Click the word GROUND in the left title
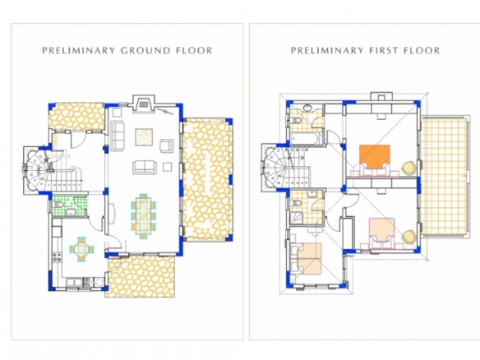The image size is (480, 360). click(145, 50)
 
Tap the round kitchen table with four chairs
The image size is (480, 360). click(81, 249)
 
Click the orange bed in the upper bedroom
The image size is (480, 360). click(375, 156)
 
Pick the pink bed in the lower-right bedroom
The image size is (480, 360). click(381, 230)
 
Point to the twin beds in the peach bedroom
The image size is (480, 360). click(309, 258)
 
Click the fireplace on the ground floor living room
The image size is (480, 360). click(143, 104)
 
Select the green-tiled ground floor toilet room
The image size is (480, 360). click(69, 205)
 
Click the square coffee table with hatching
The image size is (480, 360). click(145, 136)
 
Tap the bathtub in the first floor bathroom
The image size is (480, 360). click(305, 138)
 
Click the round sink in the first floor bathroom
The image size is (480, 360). click(307, 108)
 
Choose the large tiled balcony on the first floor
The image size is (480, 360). click(444, 177)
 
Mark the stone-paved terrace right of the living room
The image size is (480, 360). click(207, 179)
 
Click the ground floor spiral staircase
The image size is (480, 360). click(39, 170)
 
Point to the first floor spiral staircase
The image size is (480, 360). click(275, 168)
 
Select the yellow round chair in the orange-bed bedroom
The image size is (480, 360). click(408, 168)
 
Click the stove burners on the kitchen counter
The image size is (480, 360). click(56, 256)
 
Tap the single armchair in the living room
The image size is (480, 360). click(166, 145)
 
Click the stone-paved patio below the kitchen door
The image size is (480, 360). click(141, 276)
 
